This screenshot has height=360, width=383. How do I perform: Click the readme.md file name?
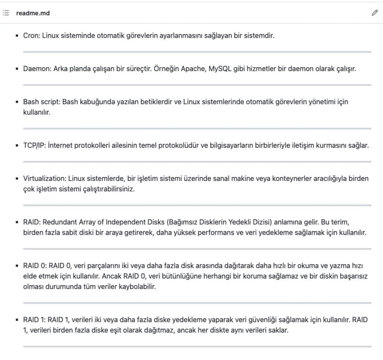pos(33,13)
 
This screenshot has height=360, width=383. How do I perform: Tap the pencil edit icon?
pos(374,13)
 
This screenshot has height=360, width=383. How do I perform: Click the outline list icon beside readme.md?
pos(6,13)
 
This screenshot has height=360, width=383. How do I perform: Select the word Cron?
pos(31,35)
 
